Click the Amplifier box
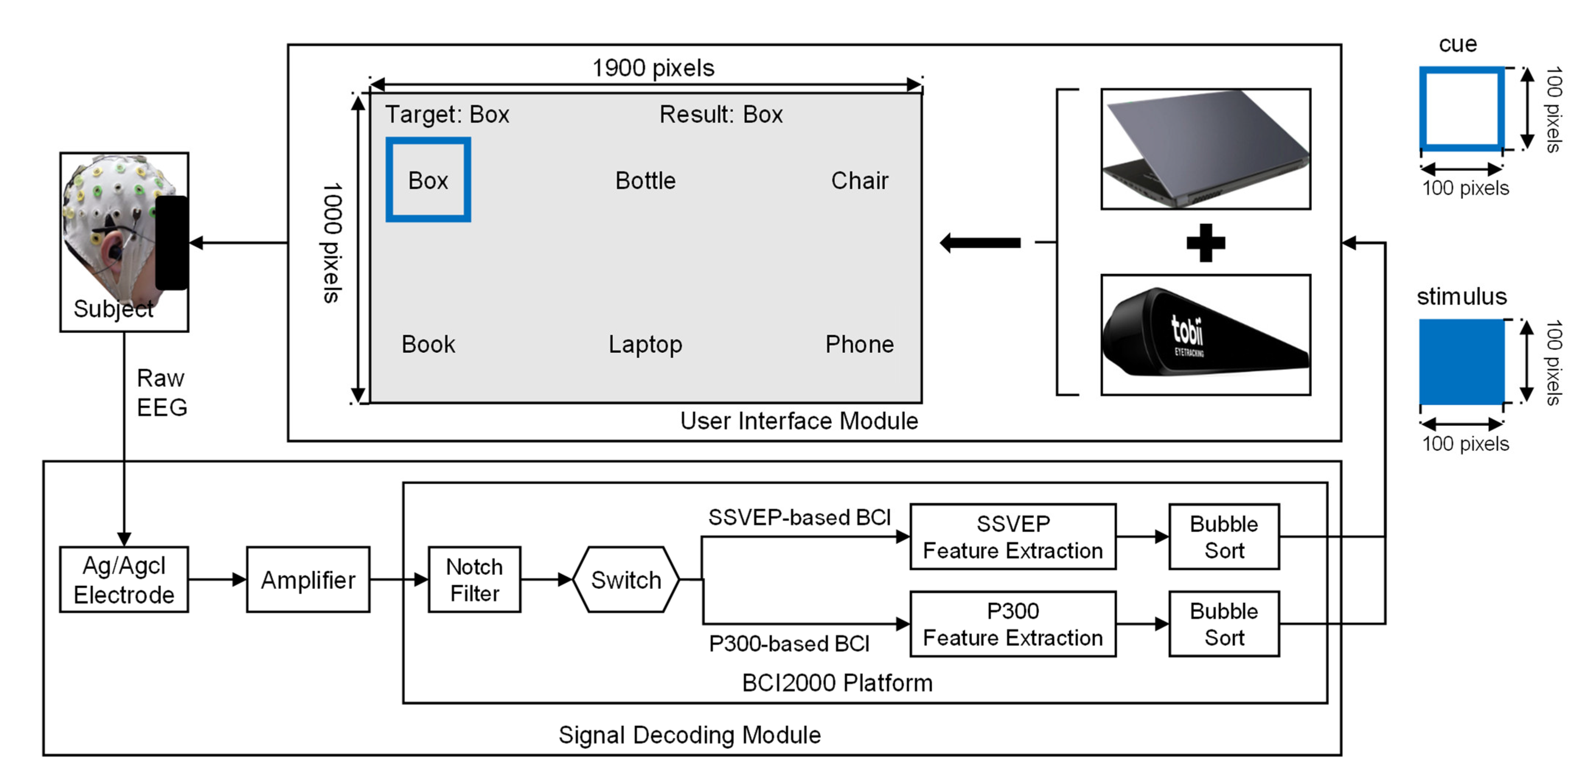(308, 579)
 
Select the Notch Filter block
(474, 579)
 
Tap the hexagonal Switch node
(626, 579)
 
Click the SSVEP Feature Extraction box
(1012, 536)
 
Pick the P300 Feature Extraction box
(1012, 624)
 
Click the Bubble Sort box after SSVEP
(1223, 536)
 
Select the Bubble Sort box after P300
(1223, 624)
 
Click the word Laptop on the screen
(645, 344)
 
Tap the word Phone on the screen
(859, 344)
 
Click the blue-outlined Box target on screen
(428, 180)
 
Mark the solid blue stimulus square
(1461, 361)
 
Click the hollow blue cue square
(1461, 109)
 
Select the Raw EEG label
(161, 393)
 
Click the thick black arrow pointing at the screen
(980, 243)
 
